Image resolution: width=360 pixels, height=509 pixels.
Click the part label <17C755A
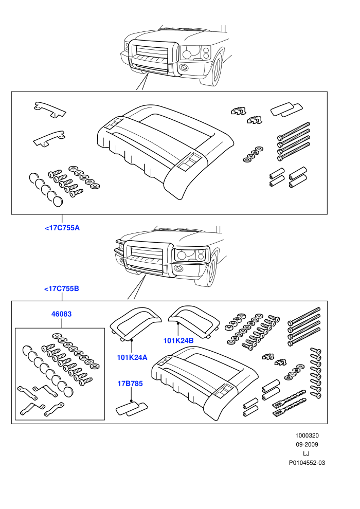click(62, 228)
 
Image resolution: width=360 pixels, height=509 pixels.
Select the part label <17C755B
click(62, 288)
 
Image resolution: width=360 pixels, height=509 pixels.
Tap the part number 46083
click(61, 314)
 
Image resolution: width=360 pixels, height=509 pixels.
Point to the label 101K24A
click(132, 357)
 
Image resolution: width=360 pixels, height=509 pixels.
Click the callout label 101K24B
click(178, 340)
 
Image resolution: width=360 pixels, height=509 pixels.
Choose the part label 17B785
click(130, 384)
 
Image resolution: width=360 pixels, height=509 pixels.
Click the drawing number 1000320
click(307, 435)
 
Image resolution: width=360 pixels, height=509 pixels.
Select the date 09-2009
click(307, 445)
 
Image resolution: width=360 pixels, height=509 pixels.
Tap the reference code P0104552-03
click(307, 463)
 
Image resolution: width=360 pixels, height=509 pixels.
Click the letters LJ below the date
click(306, 454)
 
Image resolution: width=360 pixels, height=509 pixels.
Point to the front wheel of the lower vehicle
click(211, 271)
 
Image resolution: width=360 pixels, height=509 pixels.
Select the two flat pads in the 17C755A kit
click(287, 110)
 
